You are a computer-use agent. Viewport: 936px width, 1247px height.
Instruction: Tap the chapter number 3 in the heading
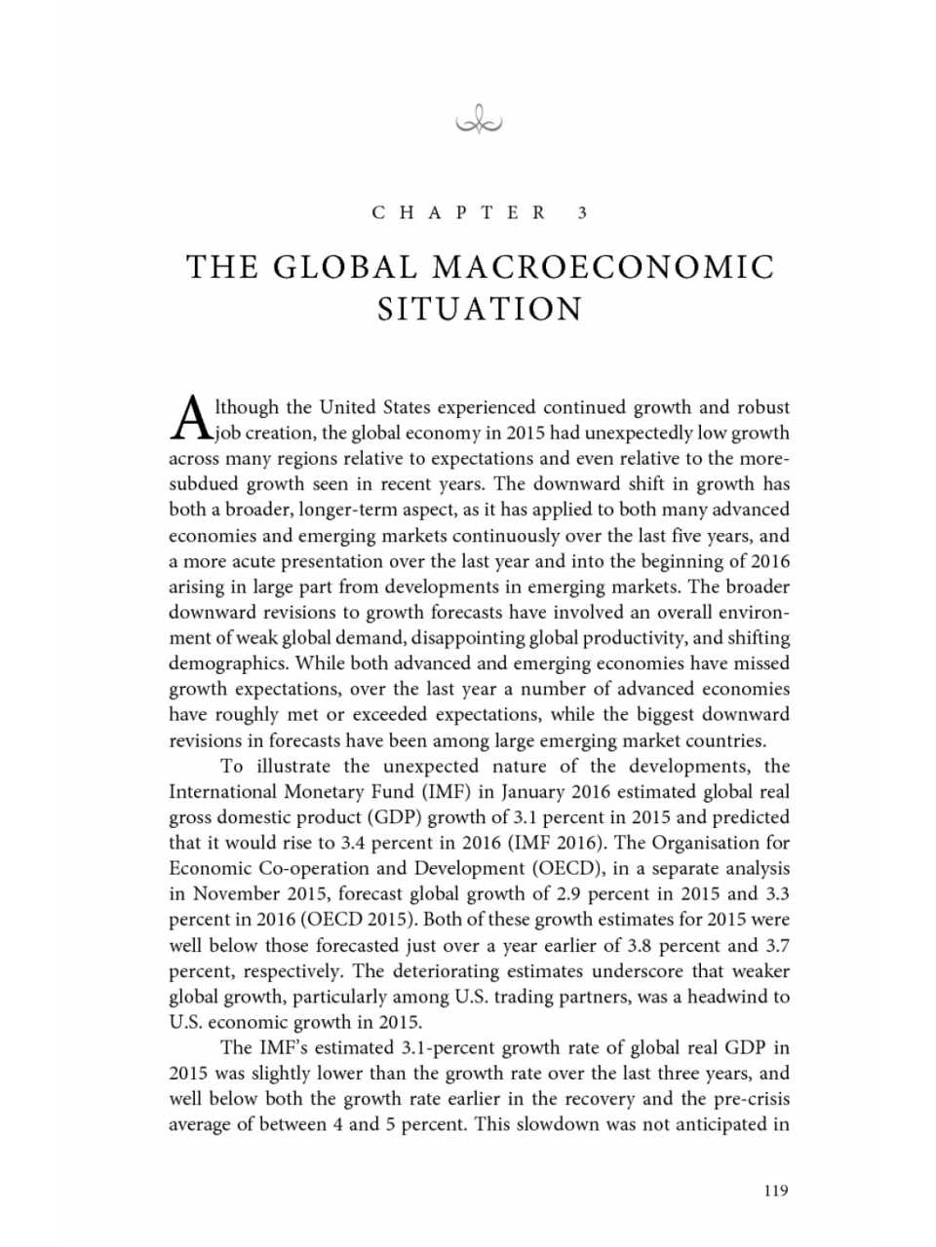[582, 212]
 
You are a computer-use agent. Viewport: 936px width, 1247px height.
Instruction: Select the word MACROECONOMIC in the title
[603, 266]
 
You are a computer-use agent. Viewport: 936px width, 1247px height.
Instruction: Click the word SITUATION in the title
[480, 309]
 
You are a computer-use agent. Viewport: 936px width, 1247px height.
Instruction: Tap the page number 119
[776, 1190]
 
